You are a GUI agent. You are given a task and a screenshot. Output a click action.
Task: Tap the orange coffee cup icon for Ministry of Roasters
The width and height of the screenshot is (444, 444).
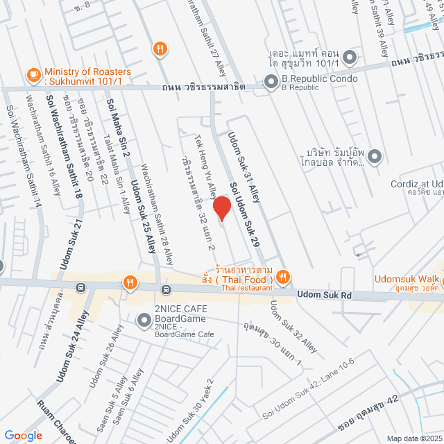(x=33, y=74)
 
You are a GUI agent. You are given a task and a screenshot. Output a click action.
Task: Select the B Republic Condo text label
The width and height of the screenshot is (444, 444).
(x=318, y=78)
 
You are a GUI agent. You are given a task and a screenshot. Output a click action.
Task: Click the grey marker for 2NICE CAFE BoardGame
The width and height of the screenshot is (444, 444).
(x=144, y=320)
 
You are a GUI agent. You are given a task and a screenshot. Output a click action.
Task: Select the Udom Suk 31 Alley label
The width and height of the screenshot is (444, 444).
(x=244, y=164)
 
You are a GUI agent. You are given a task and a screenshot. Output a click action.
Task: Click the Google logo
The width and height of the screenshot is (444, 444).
(x=24, y=435)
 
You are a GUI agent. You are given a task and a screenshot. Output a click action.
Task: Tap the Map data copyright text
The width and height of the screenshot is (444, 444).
(x=414, y=438)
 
